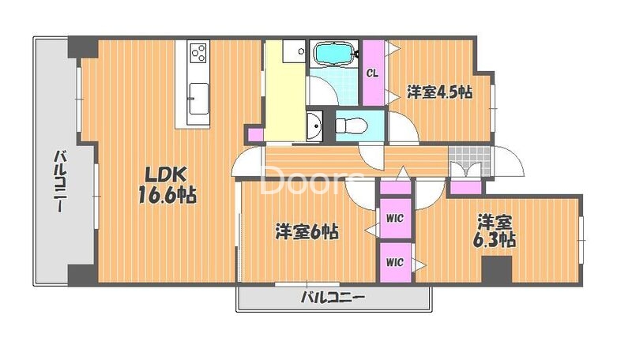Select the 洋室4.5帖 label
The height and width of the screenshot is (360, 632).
coord(440,92)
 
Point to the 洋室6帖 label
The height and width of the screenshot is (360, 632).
coord(307,232)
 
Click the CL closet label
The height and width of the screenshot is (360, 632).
coord(372,73)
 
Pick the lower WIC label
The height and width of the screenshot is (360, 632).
coord(395,261)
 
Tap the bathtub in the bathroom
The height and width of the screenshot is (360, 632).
coord(335,54)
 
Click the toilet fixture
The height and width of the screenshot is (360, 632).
coord(351,126)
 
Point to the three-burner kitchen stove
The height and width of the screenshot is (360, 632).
coord(198,54)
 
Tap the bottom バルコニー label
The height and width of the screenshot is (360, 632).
coord(333,298)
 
